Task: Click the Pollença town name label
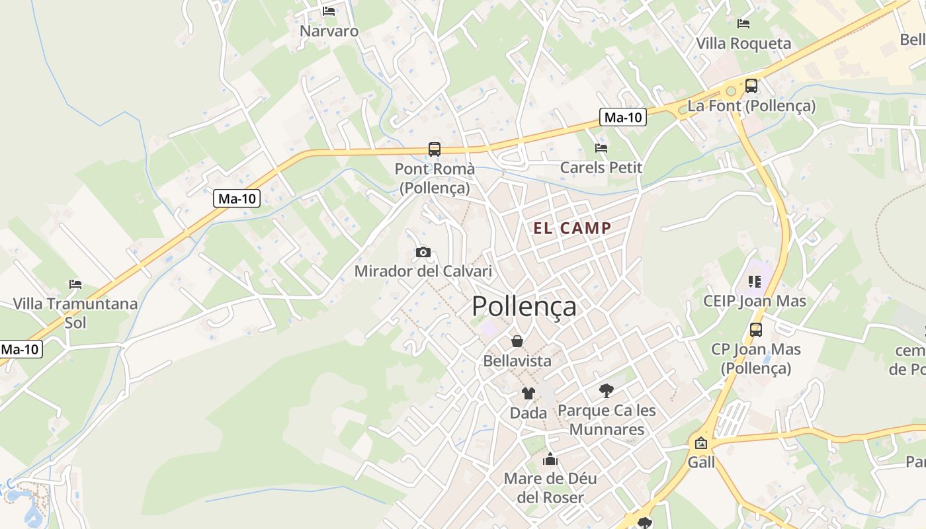point(524,307)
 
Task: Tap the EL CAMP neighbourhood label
point(572,229)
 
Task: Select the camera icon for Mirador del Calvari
point(423,252)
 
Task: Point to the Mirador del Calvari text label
point(423,271)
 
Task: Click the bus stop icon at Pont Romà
point(435,149)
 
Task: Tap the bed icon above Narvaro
point(329,11)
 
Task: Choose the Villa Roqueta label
point(743,44)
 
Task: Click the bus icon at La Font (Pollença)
point(751,86)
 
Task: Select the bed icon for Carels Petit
point(601,148)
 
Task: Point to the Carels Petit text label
point(601,167)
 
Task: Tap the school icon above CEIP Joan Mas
point(755,282)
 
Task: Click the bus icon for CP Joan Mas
point(756,329)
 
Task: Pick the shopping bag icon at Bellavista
point(517,341)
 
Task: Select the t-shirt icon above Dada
point(528,393)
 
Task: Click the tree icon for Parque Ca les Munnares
point(606,391)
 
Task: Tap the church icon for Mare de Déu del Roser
point(550,459)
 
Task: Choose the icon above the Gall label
point(701,443)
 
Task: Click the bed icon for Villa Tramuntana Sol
point(75,284)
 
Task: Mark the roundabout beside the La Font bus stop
point(731,92)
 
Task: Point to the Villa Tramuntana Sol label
point(75,313)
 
